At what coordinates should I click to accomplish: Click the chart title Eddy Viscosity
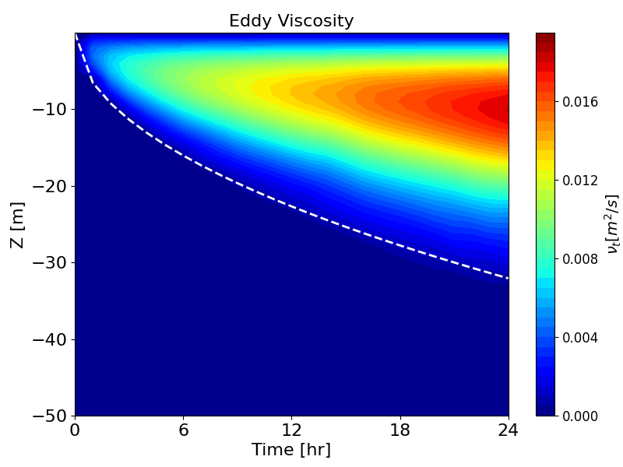tap(291, 21)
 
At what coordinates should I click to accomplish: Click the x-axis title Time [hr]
tap(291, 450)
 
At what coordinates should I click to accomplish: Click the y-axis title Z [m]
tap(16, 224)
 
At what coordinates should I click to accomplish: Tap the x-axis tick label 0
tap(76, 430)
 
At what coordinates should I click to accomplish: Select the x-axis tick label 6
tap(184, 430)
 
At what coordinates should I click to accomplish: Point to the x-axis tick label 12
tap(292, 430)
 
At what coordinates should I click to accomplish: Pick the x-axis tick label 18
tap(400, 430)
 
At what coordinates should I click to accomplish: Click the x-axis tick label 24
tap(509, 430)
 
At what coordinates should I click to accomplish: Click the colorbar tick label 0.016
tap(580, 102)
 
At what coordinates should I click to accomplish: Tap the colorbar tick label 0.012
tap(580, 181)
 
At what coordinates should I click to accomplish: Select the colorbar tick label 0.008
tap(580, 259)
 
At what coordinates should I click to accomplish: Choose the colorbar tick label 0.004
tap(580, 338)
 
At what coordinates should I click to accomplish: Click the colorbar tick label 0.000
tap(580, 416)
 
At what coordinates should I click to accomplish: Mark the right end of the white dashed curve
tap(509, 278)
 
